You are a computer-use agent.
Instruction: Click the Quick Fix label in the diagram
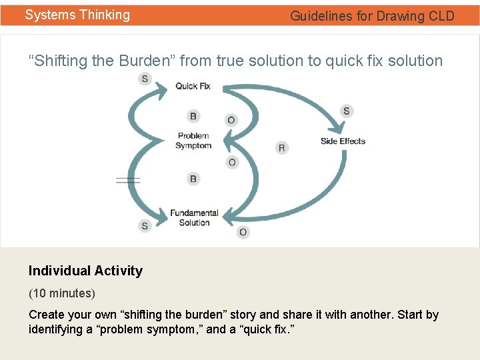pos(193,86)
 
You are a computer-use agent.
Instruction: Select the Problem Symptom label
pos(193,141)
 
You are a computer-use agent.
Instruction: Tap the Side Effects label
pos(343,141)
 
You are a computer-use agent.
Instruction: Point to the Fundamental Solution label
pos(194,218)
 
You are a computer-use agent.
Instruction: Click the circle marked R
pos(281,147)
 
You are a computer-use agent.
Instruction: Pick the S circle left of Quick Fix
pos(145,79)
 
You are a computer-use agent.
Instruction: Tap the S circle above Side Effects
pos(346,111)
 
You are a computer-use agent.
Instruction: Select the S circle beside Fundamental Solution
pos(145,226)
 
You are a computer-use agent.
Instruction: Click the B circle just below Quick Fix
pos(193,117)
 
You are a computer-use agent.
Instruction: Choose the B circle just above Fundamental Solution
pos(193,179)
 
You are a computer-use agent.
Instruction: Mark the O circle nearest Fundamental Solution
pos(243,232)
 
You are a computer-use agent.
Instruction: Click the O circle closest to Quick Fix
pos(231,120)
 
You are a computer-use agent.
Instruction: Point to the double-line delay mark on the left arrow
pos(128,180)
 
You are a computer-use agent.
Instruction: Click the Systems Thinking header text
pos(77,15)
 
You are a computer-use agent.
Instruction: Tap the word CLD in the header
pos(441,16)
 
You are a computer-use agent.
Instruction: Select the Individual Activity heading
pos(85,271)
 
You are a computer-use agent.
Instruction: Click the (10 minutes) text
pos(62,293)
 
